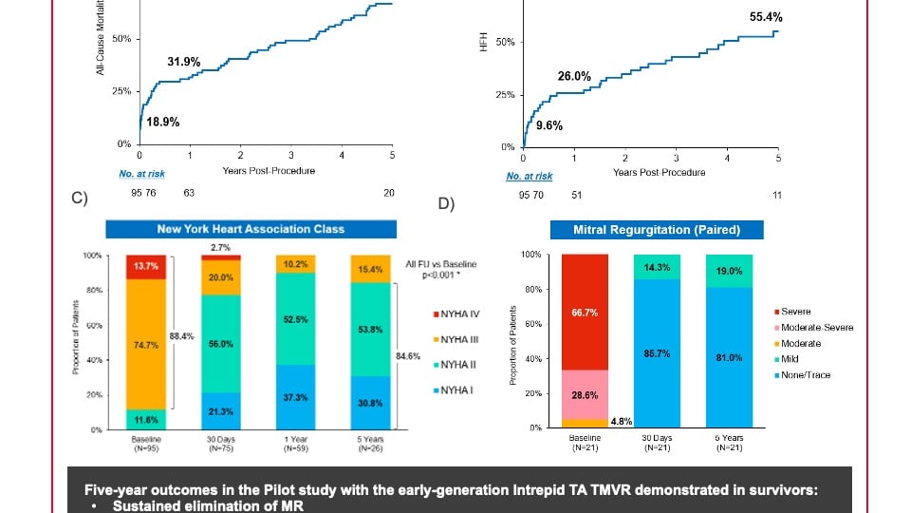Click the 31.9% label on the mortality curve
184,62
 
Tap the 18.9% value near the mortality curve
162,122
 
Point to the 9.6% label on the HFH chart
549,124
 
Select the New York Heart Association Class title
251,229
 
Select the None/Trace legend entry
806,375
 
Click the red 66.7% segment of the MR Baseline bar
585,312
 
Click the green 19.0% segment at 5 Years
729,271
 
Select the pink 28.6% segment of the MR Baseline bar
585,393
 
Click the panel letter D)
447,203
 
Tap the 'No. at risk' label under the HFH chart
530,176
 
